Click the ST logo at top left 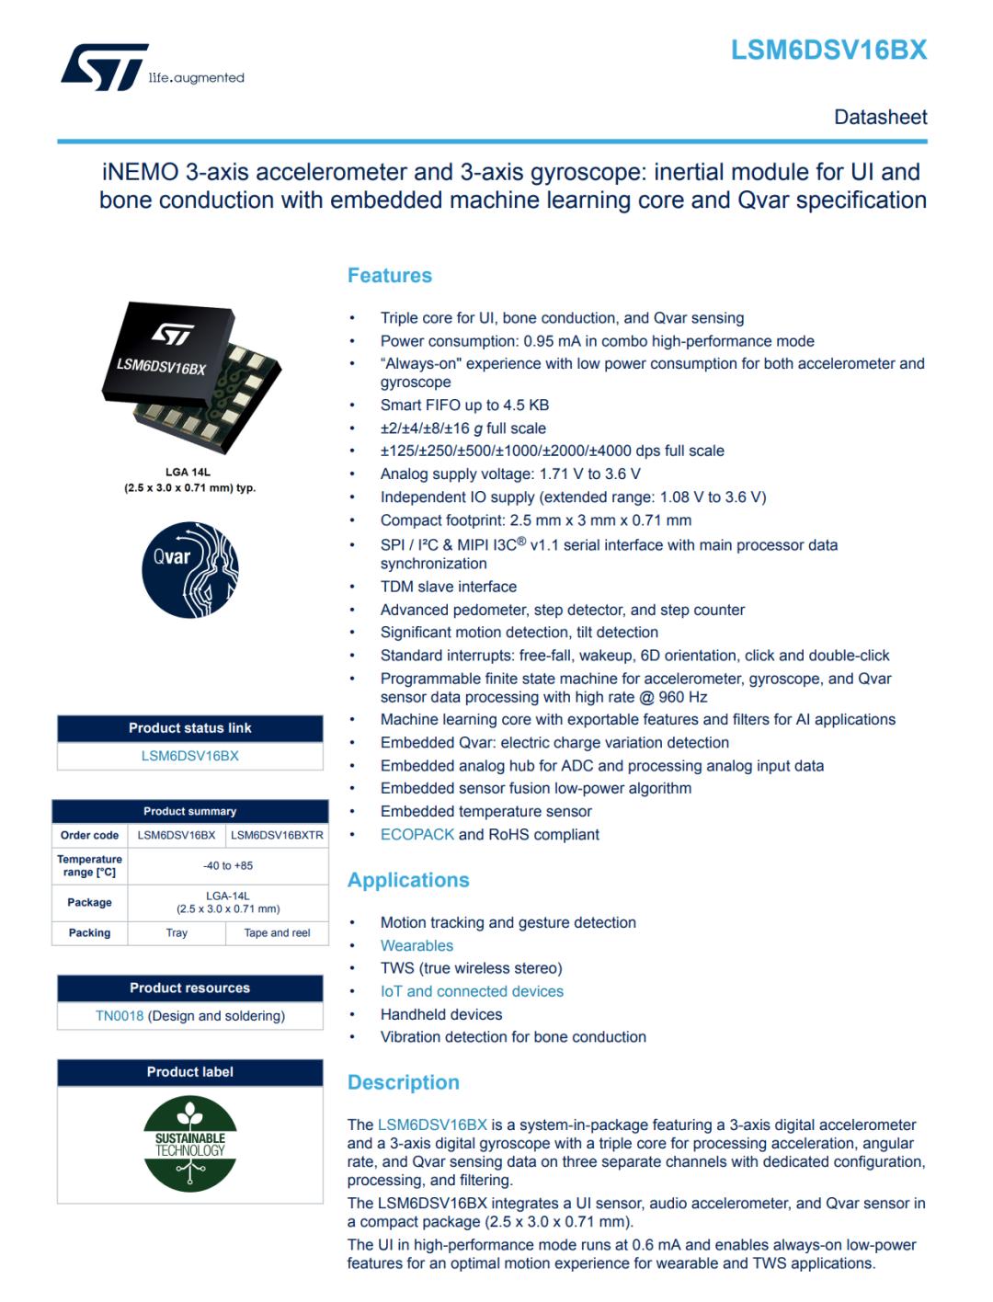tap(104, 67)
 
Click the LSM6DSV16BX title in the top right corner tap(828, 51)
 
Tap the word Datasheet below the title tap(880, 117)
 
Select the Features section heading tap(389, 275)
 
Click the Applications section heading tap(408, 880)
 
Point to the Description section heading tap(403, 1082)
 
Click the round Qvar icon tap(190, 570)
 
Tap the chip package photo tap(190, 377)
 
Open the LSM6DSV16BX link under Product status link tap(190, 756)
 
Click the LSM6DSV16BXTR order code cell tap(277, 835)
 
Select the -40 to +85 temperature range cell tap(228, 865)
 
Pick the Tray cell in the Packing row tap(177, 932)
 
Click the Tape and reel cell tap(277, 932)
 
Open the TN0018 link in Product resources tap(120, 1016)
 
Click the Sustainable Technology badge tap(190, 1144)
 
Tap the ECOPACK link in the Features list tap(417, 834)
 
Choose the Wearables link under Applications tap(417, 945)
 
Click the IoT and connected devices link tap(472, 991)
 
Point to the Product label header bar tap(190, 1072)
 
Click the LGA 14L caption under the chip tap(188, 472)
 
